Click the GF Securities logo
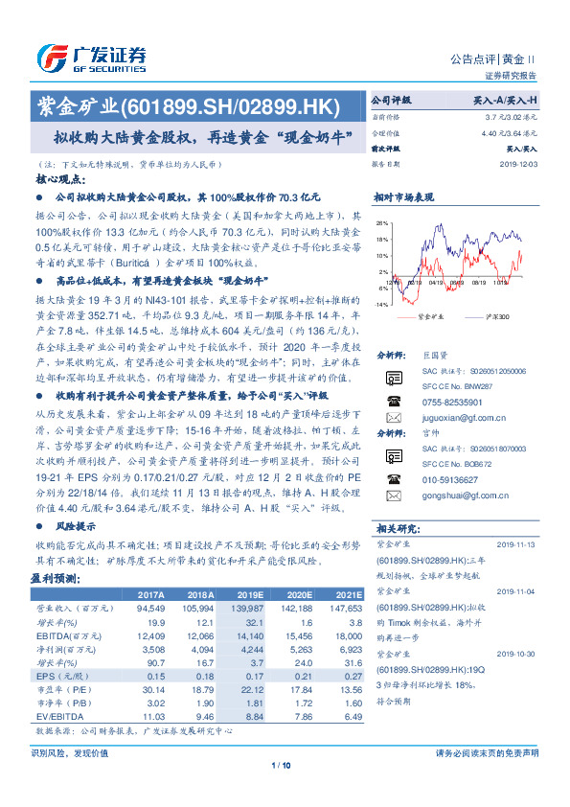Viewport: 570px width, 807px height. pos(90,57)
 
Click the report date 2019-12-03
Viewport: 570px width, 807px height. pos(518,164)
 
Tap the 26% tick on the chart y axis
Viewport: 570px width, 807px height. pos(382,223)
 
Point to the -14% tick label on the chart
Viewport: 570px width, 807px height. pos(381,303)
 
